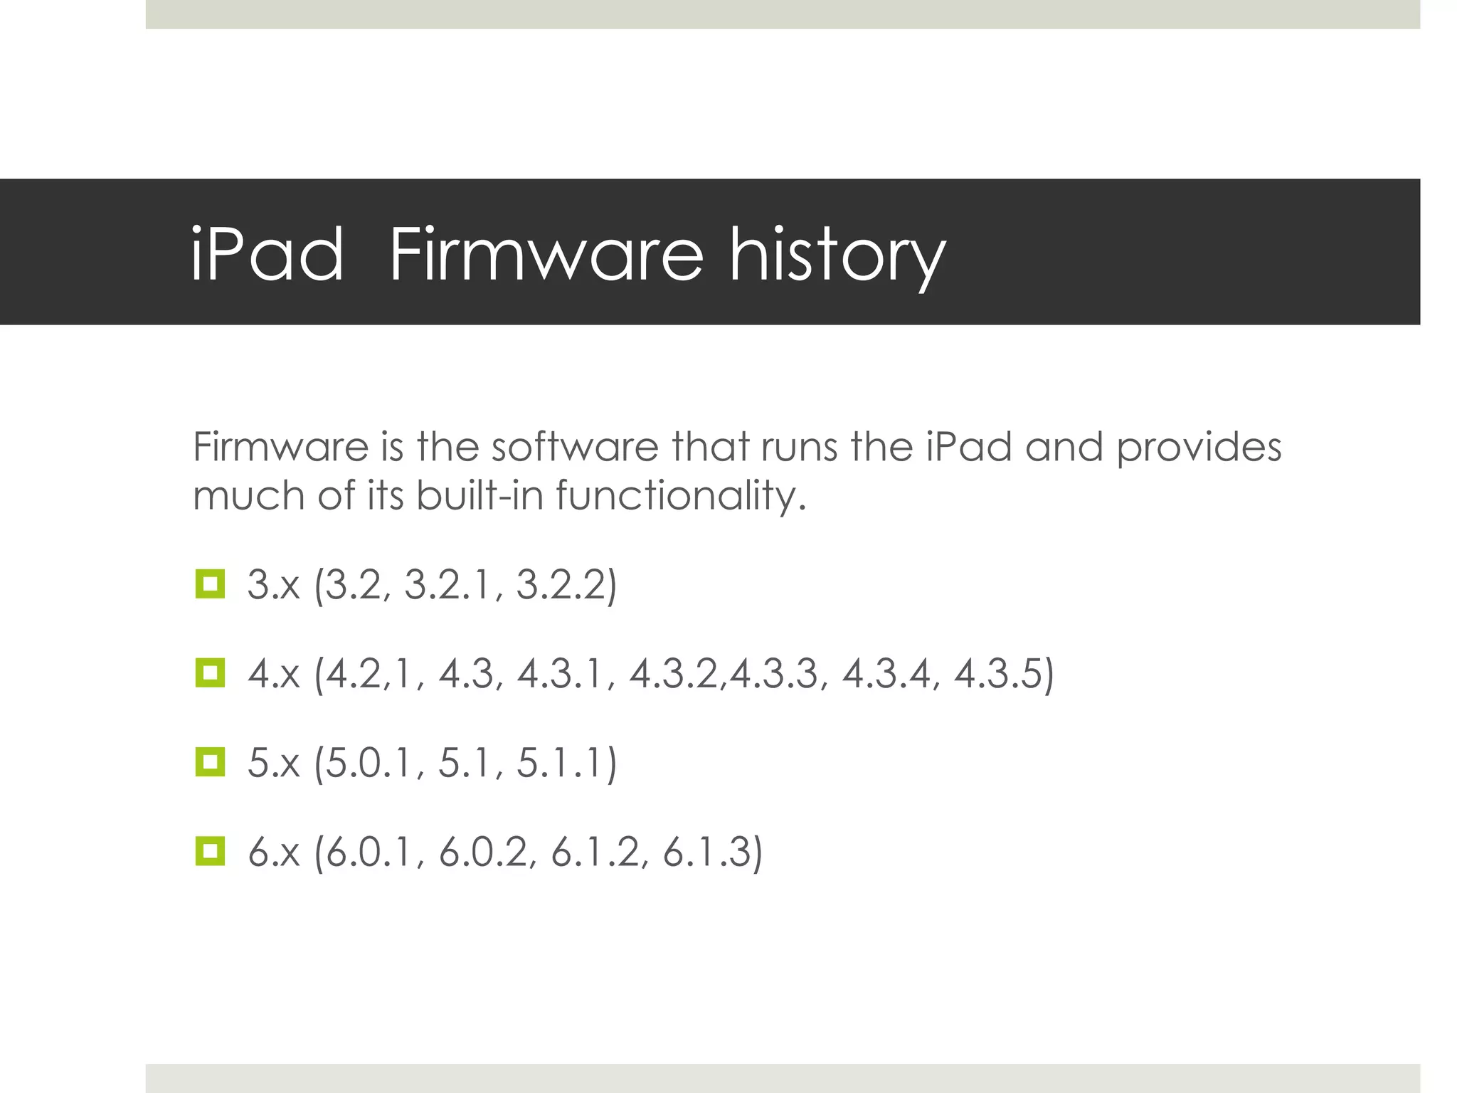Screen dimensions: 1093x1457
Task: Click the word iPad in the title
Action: (267, 254)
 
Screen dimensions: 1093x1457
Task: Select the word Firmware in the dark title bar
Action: (546, 254)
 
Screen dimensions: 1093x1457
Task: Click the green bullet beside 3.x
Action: (210, 584)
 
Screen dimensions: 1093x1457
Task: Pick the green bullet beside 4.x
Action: (210, 673)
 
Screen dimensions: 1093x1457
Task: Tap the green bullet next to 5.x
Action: (210, 762)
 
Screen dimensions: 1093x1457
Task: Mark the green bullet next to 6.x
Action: (210, 851)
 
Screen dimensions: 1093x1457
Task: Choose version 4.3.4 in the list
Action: (886, 674)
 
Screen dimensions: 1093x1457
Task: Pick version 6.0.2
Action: (484, 852)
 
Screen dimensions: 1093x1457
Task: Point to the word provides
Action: (1199, 448)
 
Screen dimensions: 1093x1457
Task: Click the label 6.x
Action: (274, 852)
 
